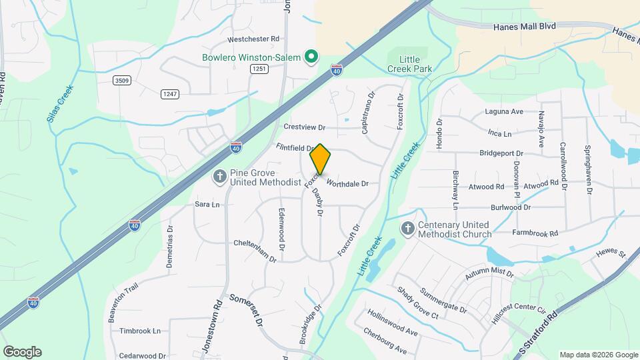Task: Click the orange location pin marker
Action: (321, 159)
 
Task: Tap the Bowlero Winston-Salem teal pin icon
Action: (310, 57)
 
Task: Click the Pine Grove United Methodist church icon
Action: (219, 177)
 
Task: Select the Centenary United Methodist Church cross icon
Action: (407, 229)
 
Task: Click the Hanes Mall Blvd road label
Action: (525, 27)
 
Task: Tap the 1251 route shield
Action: (259, 69)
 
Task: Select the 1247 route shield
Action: (169, 94)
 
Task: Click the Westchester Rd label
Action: (234, 39)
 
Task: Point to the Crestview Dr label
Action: (303, 127)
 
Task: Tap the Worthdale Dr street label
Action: (347, 183)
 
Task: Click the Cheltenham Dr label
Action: (255, 243)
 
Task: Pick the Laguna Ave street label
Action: (504, 112)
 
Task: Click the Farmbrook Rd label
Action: (535, 233)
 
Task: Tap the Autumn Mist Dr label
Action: (490, 273)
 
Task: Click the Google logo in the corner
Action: (22, 352)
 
